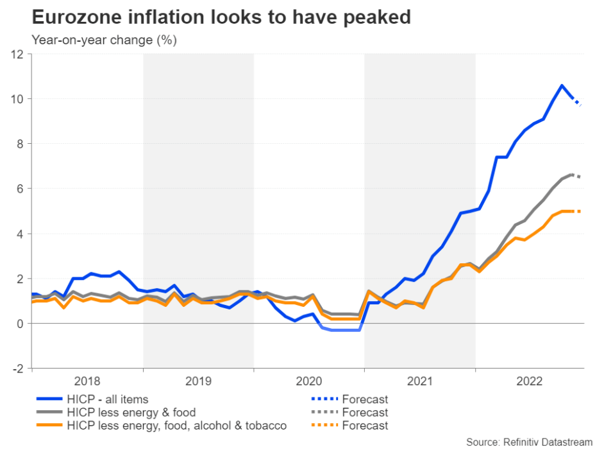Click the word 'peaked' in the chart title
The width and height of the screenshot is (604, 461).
coord(376,17)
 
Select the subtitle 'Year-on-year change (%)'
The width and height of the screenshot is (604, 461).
coord(104,40)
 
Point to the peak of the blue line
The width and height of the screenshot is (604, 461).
coord(562,85)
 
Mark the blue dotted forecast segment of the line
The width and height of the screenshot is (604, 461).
coord(577,101)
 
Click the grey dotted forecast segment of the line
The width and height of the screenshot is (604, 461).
coord(576,175)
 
